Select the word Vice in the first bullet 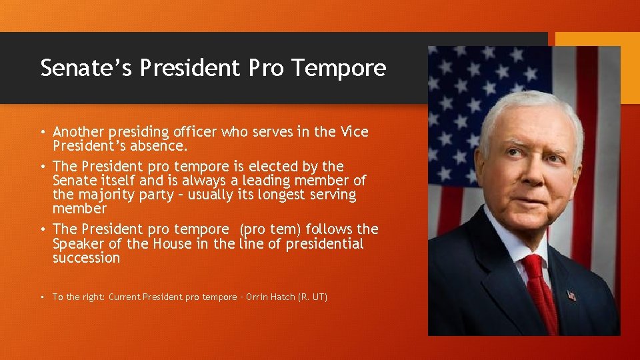(353, 132)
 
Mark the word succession (87, 258)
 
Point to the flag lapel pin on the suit (571, 294)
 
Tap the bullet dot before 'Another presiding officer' (43, 132)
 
